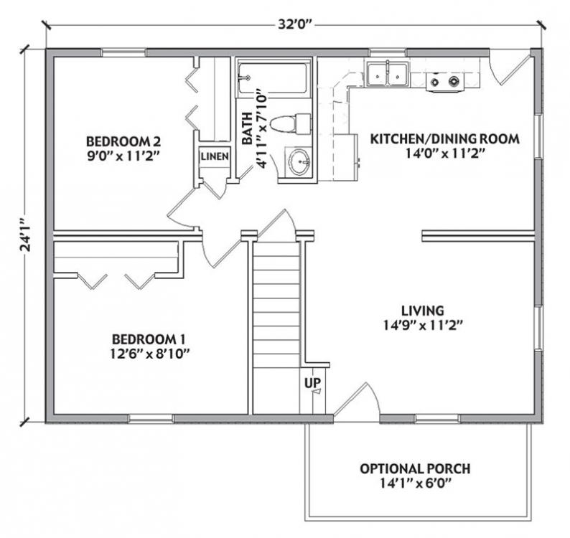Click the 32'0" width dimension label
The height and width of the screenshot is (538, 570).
click(x=296, y=24)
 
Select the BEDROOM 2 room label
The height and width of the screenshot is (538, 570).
click(x=123, y=141)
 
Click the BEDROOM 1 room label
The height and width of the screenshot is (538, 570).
click(x=149, y=339)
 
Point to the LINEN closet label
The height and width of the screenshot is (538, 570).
click(x=215, y=156)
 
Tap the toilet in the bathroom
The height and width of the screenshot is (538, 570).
click(x=291, y=124)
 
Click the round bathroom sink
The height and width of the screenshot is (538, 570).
click(x=300, y=161)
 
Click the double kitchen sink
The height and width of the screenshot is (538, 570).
click(x=388, y=74)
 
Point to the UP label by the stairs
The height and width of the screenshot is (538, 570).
click(x=313, y=382)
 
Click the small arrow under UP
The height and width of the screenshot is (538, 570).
click(x=317, y=392)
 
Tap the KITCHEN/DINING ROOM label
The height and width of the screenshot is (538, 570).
click(x=445, y=138)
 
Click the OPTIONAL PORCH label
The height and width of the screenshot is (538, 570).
click(x=415, y=468)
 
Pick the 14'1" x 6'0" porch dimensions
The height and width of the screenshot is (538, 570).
click(x=416, y=483)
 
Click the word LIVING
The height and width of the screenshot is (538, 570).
click(x=423, y=311)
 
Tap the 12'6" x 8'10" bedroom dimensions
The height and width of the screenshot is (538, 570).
click(x=151, y=354)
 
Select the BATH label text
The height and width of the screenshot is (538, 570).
click(x=247, y=128)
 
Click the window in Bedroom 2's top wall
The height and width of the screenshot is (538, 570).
click(x=123, y=52)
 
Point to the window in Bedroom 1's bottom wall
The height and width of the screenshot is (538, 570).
click(x=151, y=418)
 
